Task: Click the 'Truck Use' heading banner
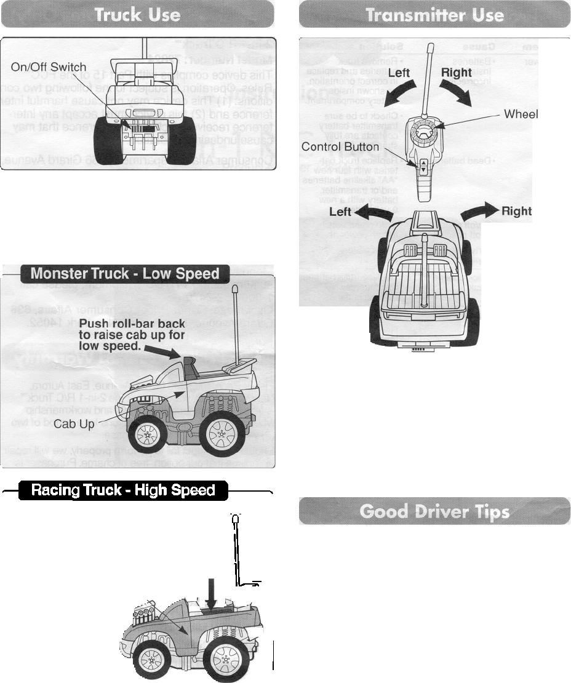coord(137,14)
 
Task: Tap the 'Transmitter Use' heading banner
coord(434,14)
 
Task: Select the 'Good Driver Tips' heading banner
coord(434,511)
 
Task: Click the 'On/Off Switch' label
coord(49,66)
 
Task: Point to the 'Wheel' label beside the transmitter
coord(521,114)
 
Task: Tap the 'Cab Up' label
coord(74,424)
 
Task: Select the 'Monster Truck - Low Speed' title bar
coord(125,273)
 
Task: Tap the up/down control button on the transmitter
coord(424,166)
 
